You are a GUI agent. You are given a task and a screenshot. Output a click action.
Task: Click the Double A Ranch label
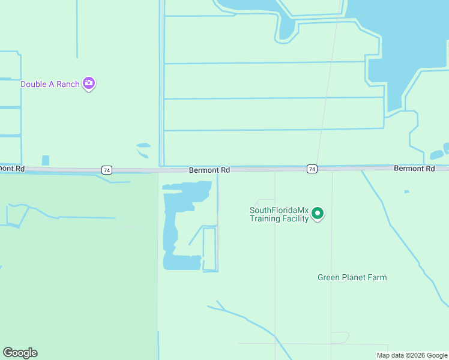(50, 84)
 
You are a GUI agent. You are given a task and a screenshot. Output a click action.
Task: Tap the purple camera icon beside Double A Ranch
(89, 83)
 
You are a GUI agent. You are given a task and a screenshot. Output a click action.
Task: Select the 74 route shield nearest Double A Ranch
(107, 170)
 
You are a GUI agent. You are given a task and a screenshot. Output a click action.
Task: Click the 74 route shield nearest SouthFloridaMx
(312, 169)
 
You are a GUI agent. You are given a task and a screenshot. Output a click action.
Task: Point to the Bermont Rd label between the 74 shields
(209, 170)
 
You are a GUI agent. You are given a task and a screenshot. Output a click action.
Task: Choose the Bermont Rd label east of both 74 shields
(414, 169)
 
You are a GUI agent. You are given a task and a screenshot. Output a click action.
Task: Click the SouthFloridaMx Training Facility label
(279, 214)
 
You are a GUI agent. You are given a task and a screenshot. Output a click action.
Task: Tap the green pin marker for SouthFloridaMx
(318, 214)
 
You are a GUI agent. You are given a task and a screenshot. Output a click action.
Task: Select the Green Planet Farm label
(352, 277)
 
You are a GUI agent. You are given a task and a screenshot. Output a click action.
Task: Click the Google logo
(20, 353)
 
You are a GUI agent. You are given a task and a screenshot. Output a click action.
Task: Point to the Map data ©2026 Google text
(412, 355)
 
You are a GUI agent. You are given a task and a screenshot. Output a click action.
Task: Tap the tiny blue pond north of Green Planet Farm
(406, 191)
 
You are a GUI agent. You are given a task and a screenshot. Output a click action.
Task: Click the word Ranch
(68, 84)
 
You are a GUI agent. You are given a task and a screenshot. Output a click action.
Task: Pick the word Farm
(377, 277)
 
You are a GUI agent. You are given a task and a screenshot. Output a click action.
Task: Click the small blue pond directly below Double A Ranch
(46, 160)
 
